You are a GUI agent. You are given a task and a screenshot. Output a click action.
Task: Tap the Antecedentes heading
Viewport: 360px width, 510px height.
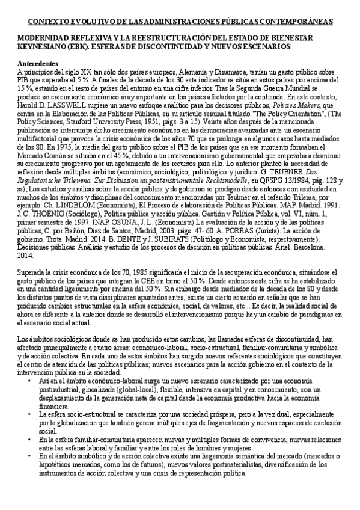(38, 64)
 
